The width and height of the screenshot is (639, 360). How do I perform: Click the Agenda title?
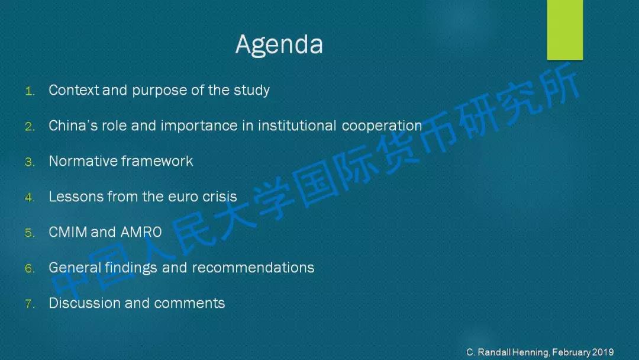click(x=279, y=44)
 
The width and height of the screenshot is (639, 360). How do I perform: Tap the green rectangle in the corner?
click(x=565, y=30)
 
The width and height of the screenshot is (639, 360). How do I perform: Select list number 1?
click(x=30, y=91)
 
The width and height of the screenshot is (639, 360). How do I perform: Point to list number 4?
click(x=30, y=198)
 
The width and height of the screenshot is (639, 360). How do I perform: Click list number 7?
click(x=30, y=304)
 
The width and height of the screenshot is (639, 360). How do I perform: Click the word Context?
click(x=74, y=90)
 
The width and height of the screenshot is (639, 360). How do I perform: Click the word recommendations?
click(x=253, y=268)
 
